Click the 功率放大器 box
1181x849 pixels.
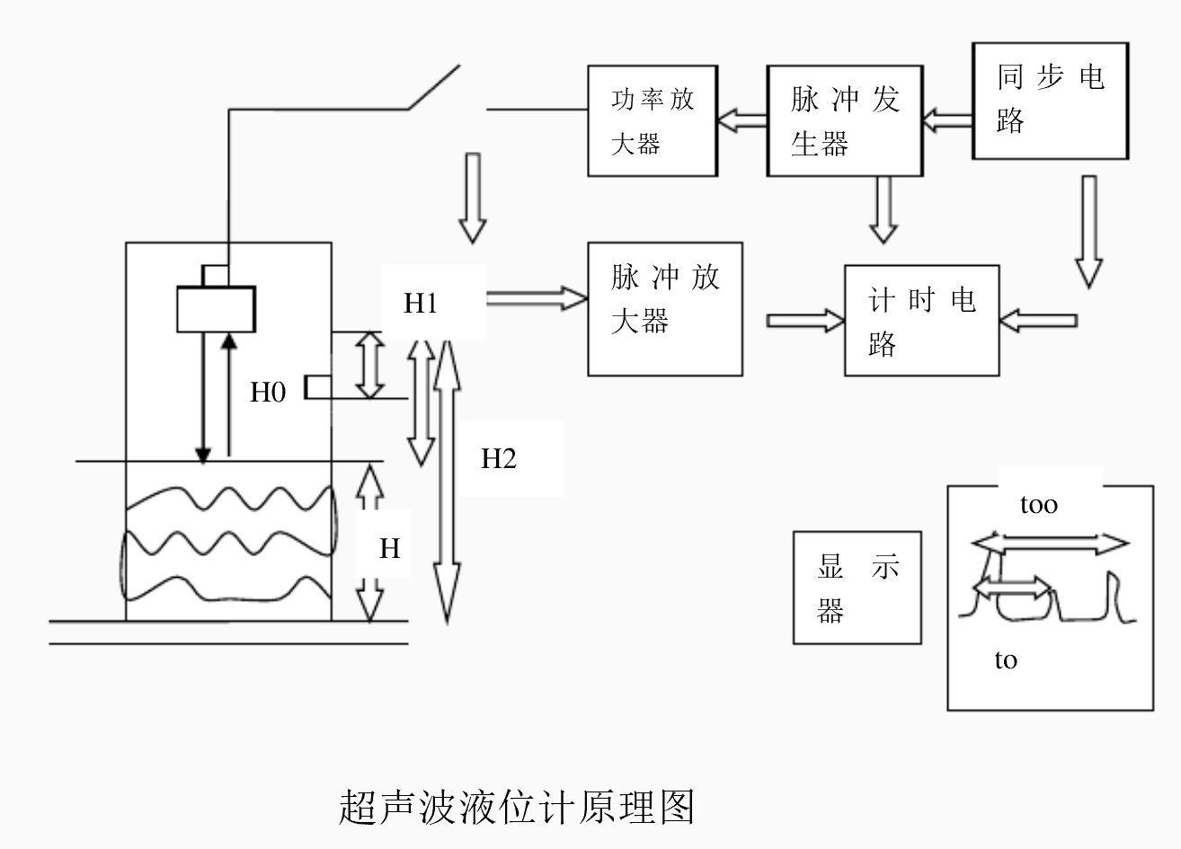tap(653, 120)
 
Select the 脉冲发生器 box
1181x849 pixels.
tap(844, 120)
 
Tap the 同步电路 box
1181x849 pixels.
tap(1050, 101)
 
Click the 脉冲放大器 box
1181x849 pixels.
tap(665, 308)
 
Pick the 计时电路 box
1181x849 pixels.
tap(921, 320)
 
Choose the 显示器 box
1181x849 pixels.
tap(857, 588)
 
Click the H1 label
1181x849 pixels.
tap(421, 304)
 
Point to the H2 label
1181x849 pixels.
tap(499, 459)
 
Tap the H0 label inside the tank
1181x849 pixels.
tap(268, 393)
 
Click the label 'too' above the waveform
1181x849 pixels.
tap(1038, 505)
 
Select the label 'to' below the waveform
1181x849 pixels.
tap(1006, 660)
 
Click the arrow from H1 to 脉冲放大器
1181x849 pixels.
tap(537, 298)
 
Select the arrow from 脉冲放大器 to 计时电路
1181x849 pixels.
tap(806, 321)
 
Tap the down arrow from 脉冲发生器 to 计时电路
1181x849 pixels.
tap(884, 209)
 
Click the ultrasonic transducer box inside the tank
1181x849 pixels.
tap(216, 308)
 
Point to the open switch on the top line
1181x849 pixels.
tap(436, 88)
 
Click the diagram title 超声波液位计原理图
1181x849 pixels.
tap(517, 807)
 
